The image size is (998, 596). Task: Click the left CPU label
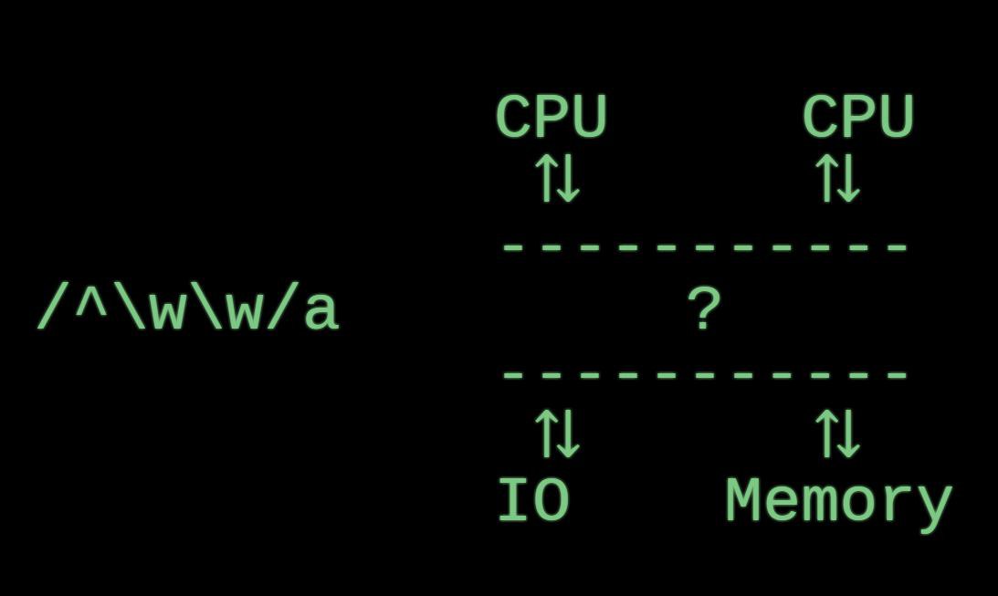pos(552,118)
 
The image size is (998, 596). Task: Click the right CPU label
pos(858,118)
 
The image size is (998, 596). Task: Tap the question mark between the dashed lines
pos(704,310)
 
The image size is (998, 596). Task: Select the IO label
pos(534,501)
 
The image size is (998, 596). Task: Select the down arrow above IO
pos(568,434)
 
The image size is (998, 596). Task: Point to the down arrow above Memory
pos(848,434)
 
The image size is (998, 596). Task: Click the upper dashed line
pos(704,246)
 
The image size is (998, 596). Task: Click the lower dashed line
pos(704,374)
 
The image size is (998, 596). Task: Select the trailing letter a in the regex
pos(320,312)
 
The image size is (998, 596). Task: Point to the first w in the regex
pos(168,312)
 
